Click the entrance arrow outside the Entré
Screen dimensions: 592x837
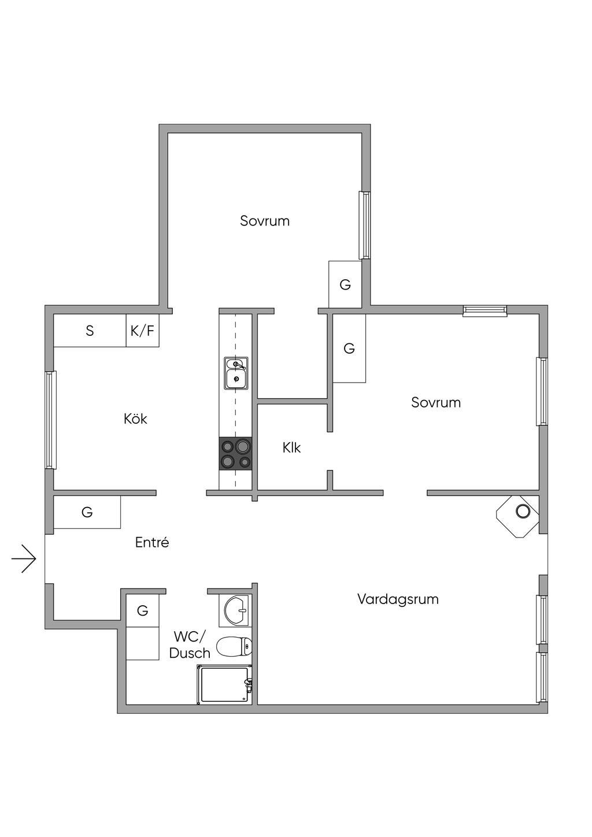(24, 558)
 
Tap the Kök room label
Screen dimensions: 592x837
(135, 418)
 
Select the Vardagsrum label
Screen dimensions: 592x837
(398, 599)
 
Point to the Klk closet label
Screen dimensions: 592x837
(291, 447)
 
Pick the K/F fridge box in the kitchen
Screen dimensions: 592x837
(143, 331)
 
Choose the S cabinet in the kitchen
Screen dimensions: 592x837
(90, 331)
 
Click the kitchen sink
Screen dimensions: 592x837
(236, 373)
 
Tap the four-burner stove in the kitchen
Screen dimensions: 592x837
(235, 453)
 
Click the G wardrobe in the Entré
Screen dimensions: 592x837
(87, 512)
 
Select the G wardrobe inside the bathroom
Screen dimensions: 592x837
(143, 610)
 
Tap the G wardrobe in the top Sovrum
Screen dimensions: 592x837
(345, 284)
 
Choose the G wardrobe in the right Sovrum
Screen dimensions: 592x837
(349, 348)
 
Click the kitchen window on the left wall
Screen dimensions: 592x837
(50, 420)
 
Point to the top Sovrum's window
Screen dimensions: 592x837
(364, 225)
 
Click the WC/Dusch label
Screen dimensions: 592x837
(190, 645)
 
